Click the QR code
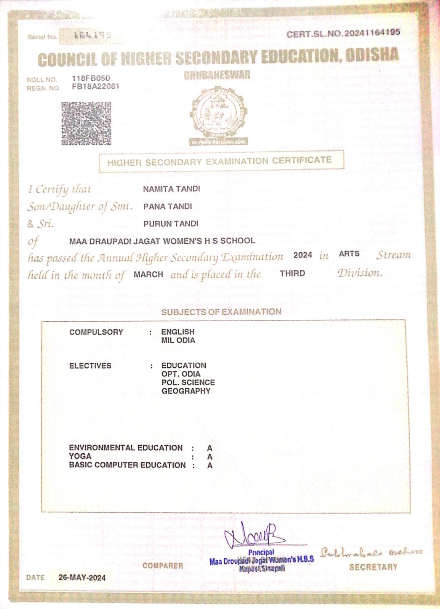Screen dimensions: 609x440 (x=86, y=123)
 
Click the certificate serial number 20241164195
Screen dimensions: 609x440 (x=372, y=33)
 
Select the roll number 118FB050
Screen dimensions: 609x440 (x=91, y=78)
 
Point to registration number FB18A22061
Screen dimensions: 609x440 (x=95, y=87)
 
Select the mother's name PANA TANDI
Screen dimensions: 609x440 (x=167, y=206)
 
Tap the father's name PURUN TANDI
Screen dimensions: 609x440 (x=171, y=224)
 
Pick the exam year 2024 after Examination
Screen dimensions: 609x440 (x=302, y=255)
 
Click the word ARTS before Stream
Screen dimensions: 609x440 (x=349, y=254)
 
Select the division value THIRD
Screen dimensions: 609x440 (x=292, y=273)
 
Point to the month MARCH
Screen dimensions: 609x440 (x=148, y=274)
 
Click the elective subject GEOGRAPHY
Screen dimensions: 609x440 (x=186, y=391)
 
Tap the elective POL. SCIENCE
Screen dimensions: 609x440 (x=188, y=383)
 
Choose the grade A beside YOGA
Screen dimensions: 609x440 (x=210, y=457)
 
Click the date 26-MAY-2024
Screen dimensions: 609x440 (x=82, y=577)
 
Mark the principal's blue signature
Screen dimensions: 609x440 (x=254, y=536)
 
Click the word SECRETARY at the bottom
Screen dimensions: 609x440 (x=373, y=567)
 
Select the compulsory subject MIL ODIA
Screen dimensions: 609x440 (x=178, y=340)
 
